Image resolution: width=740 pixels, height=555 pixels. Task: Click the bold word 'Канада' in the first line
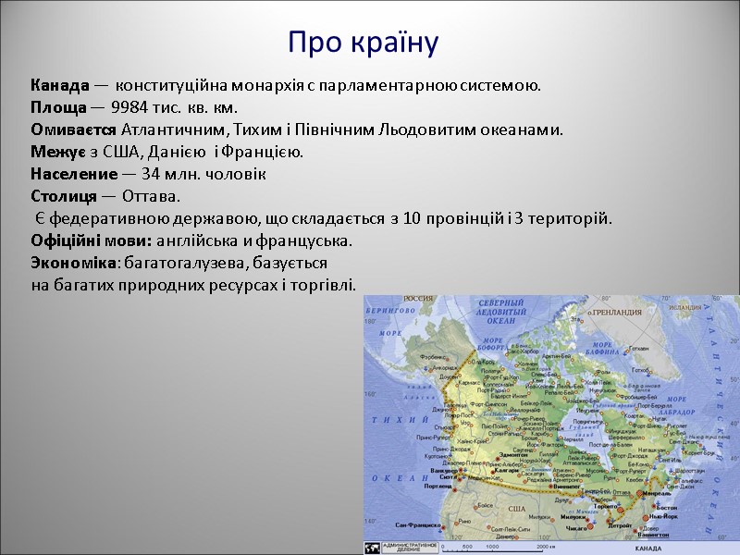tap(60, 86)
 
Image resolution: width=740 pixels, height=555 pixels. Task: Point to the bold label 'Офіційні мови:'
tap(83, 241)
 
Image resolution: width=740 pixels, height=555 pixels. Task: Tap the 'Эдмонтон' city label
tap(512, 455)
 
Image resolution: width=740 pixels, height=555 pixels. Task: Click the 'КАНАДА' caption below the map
tap(654, 549)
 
